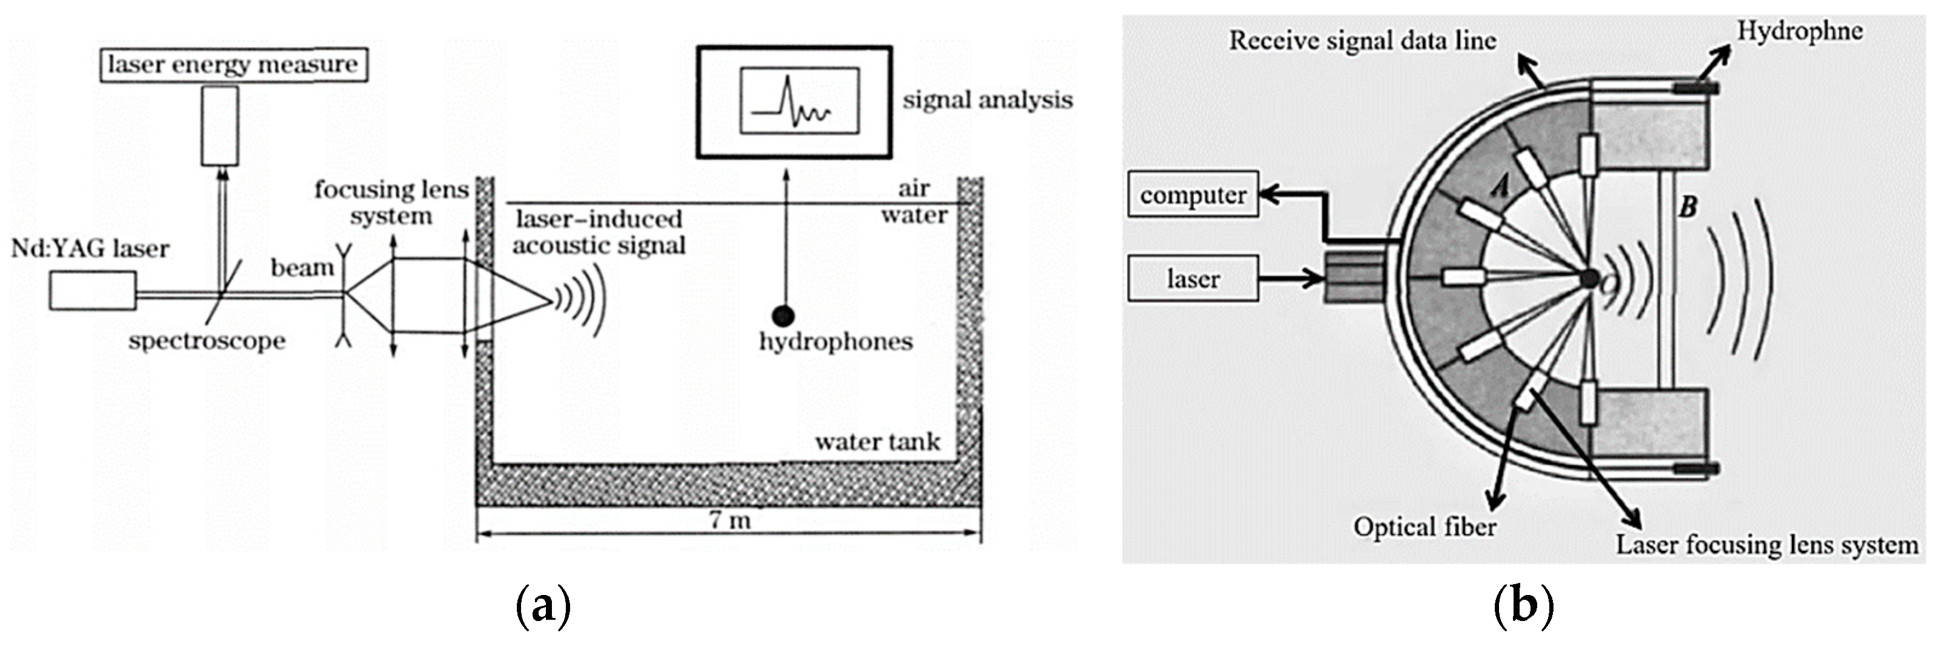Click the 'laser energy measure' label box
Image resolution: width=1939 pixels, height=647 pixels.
[234, 65]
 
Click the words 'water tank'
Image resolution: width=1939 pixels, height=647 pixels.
[877, 441]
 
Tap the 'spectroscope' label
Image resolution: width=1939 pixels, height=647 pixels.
[207, 341]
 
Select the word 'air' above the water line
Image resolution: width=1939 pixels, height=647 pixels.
[914, 188]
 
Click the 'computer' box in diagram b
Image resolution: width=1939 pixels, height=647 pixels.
[1193, 195]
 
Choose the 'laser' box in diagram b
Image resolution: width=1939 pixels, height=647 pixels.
[1193, 279]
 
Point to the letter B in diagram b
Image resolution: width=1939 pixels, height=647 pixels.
[1688, 206]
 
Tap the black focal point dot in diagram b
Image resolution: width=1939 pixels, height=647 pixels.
[1589, 278]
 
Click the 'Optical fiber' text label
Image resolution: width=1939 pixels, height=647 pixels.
[1424, 527]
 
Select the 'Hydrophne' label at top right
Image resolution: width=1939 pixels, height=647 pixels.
[1800, 31]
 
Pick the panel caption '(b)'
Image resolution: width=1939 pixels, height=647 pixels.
[1523, 606]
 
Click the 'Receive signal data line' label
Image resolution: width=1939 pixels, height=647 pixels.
[1362, 41]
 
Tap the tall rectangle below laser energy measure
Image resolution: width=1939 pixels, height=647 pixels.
[220, 126]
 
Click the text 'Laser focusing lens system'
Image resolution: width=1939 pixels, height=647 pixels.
[1767, 545]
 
